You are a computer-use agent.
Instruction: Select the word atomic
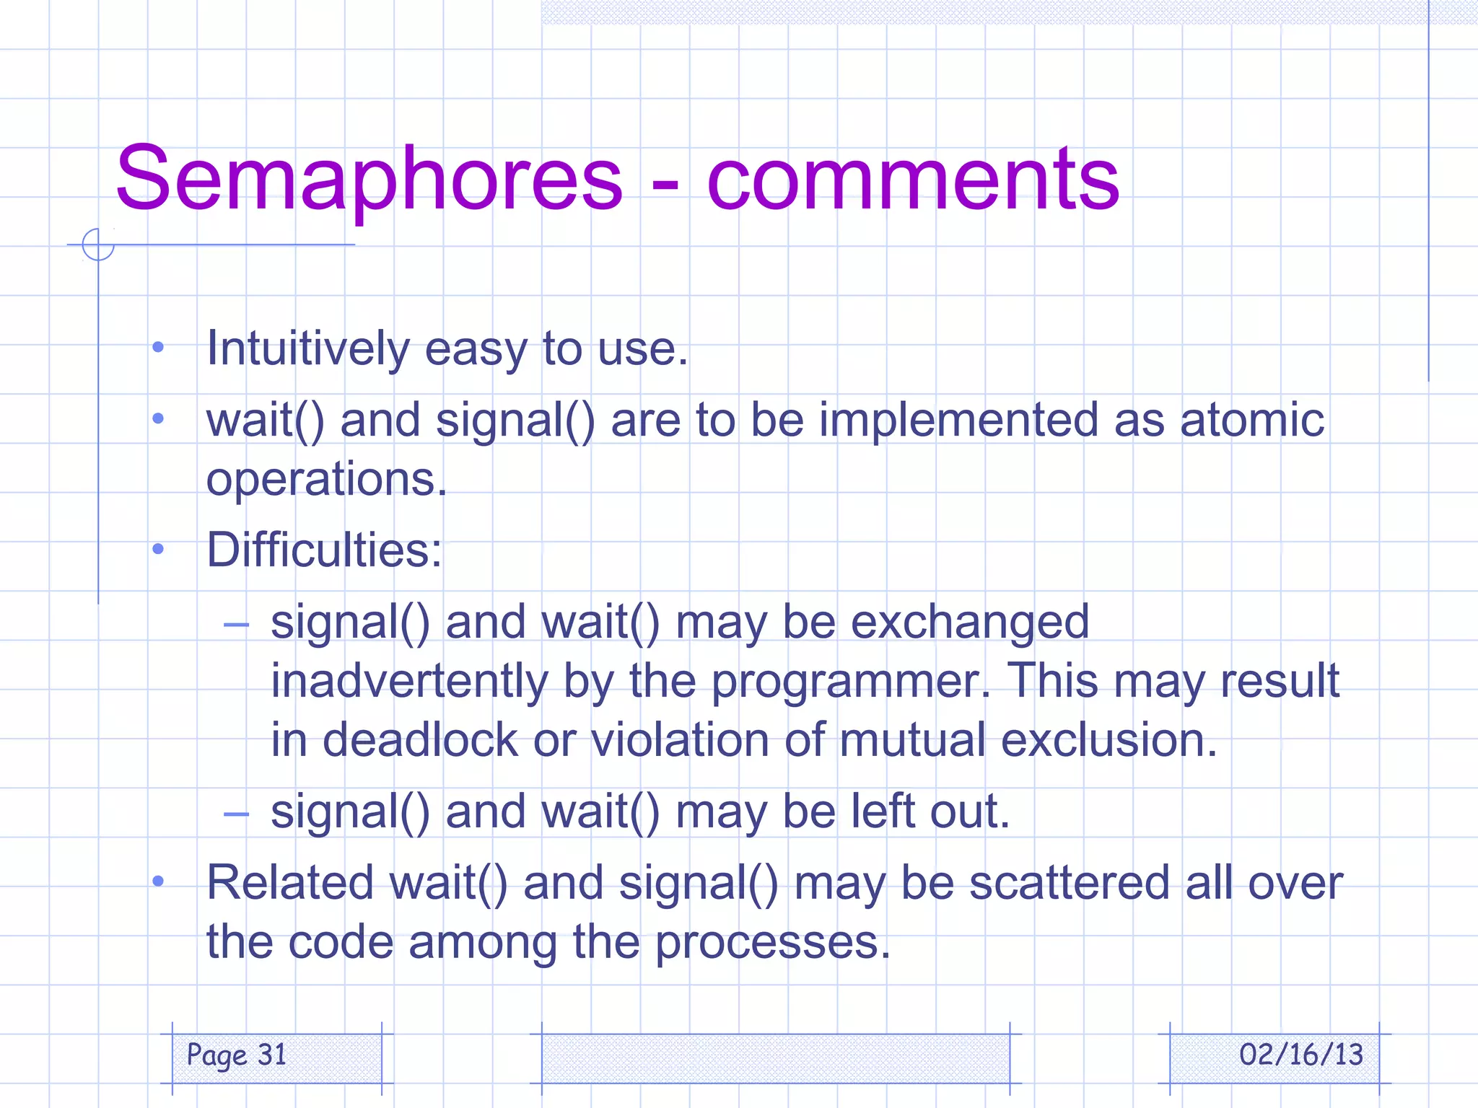coord(1251,420)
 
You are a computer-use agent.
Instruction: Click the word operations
coord(326,480)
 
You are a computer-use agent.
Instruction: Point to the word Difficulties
coord(323,550)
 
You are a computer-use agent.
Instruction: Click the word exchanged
coord(969,623)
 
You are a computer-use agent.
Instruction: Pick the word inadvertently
coord(409,682)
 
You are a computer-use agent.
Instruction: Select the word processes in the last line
coord(772,942)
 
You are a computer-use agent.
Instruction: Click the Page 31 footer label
coord(237,1055)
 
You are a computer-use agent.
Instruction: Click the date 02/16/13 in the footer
coord(1300,1055)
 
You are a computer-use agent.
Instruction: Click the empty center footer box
coord(775,1058)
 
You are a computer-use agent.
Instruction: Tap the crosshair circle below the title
coord(98,244)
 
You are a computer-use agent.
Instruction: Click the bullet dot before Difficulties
coord(158,550)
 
